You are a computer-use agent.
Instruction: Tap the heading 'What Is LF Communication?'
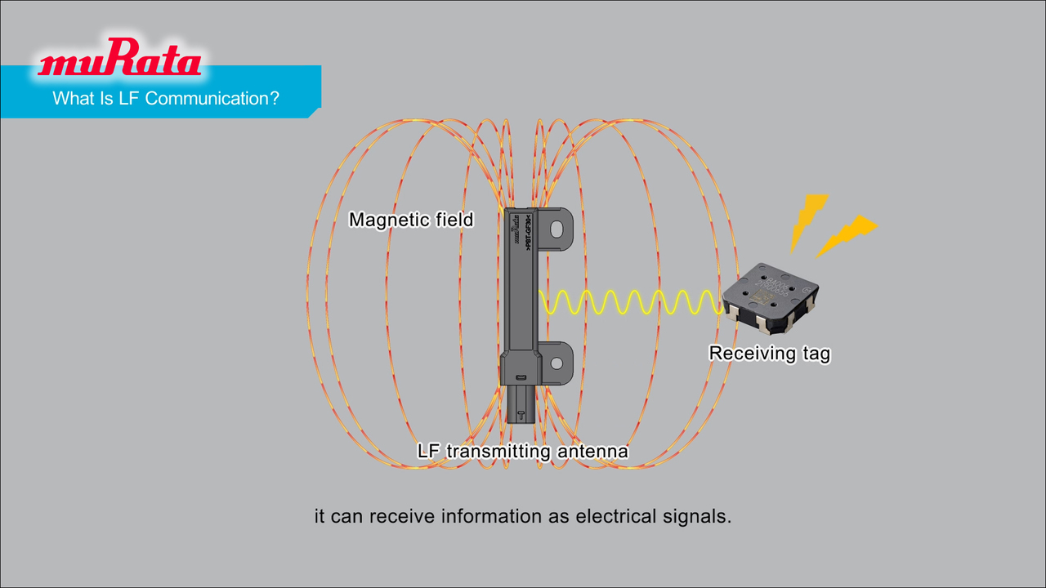click(166, 99)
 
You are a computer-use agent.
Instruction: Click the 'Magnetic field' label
click(411, 220)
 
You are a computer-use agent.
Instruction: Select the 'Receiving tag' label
click(769, 354)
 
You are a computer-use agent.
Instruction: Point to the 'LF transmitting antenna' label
click(522, 451)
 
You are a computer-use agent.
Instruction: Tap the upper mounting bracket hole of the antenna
click(558, 229)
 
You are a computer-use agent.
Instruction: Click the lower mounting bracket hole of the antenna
click(557, 362)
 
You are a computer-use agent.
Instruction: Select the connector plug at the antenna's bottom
click(518, 403)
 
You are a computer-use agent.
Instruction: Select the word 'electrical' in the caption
click(615, 517)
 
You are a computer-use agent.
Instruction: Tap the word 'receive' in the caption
click(401, 517)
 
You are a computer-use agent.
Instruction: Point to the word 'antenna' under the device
click(592, 451)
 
